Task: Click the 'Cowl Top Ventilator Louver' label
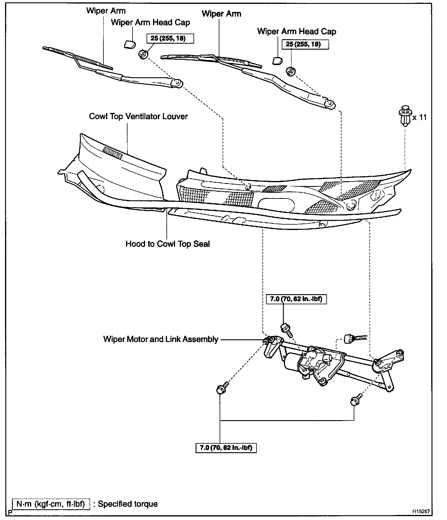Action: coord(138,116)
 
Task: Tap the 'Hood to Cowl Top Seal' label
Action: coord(168,244)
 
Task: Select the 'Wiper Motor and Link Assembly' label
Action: coord(161,339)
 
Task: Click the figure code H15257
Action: coord(421,511)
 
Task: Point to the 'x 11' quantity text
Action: coord(419,117)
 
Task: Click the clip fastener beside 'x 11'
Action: coord(405,116)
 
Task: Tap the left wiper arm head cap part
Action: coord(129,45)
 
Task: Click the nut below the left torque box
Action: coord(142,54)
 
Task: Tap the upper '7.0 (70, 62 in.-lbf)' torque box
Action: coord(296,299)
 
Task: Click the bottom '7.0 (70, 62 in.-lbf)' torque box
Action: coord(226,448)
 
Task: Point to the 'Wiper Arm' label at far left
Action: coord(106,11)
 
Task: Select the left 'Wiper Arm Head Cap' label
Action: coord(150,22)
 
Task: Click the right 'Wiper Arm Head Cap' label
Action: coord(297,31)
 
